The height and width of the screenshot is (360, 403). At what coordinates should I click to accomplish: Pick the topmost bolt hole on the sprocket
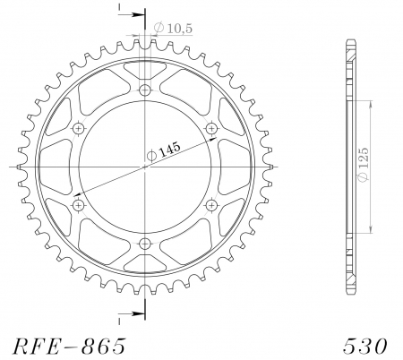tap(146, 90)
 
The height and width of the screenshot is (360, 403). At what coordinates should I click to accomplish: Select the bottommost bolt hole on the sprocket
tap(146, 244)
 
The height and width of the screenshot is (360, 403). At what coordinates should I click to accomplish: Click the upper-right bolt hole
tap(212, 128)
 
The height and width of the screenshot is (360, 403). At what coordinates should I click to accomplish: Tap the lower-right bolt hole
tap(212, 205)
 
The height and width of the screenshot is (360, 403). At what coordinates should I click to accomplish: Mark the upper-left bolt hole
tap(79, 128)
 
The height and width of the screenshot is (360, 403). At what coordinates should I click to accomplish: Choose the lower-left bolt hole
tap(79, 205)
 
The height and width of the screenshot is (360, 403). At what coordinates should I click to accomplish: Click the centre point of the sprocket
tap(146, 167)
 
